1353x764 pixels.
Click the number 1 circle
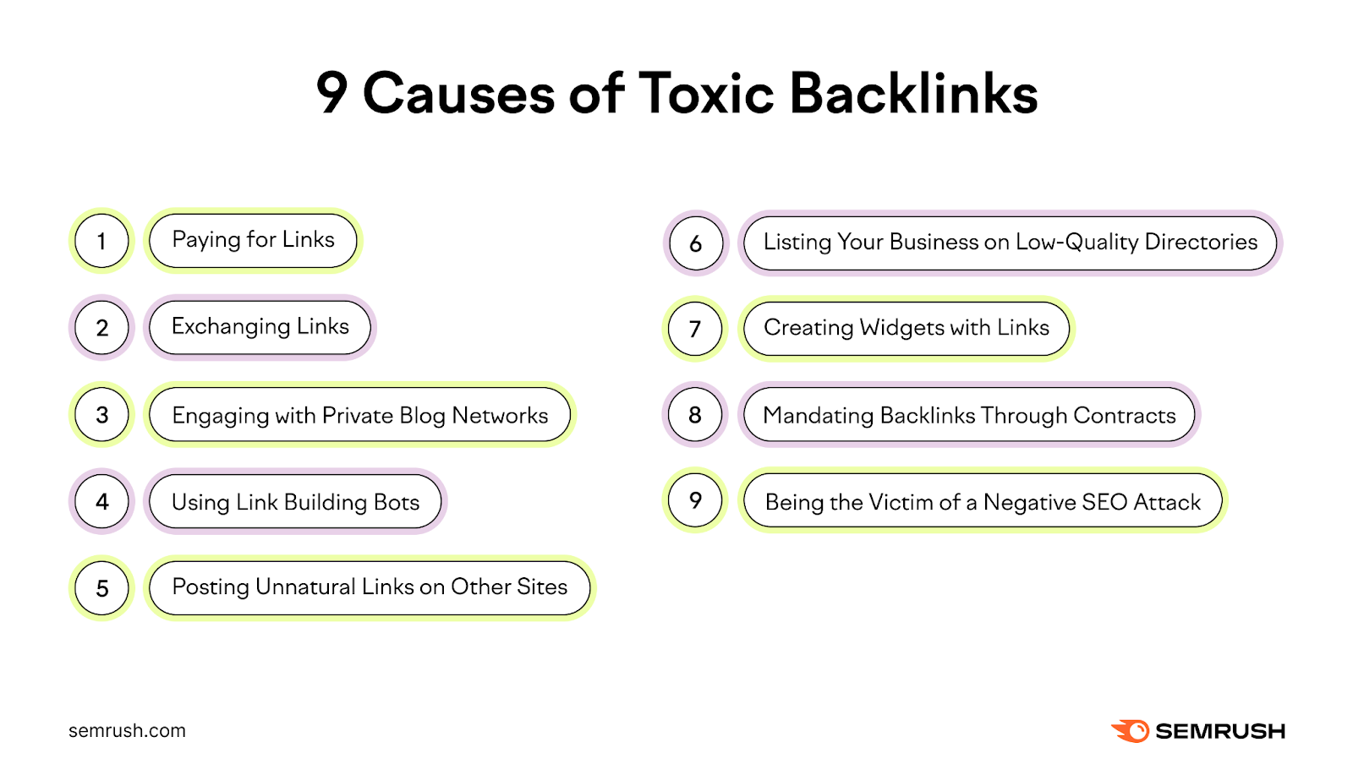click(x=101, y=241)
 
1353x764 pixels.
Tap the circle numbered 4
click(x=101, y=502)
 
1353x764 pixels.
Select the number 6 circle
click(x=695, y=243)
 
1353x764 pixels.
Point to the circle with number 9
click(x=695, y=500)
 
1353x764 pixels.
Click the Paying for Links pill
click(x=253, y=240)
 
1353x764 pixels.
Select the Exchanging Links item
click(x=260, y=327)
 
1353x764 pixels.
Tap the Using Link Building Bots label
click(x=295, y=502)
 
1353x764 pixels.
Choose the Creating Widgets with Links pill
click(x=906, y=328)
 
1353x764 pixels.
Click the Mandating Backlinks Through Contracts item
click(x=969, y=415)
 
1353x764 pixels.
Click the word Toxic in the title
click(x=706, y=93)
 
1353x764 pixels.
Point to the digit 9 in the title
click(x=331, y=93)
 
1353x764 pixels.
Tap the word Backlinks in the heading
click(x=913, y=93)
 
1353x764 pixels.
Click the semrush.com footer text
click(x=127, y=731)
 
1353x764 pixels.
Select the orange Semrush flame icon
click(x=1130, y=731)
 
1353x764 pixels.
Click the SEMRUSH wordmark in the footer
click(x=1219, y=731)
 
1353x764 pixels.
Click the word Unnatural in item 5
click(x=305, y=587)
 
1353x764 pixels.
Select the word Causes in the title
click(x=458, y=93)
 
